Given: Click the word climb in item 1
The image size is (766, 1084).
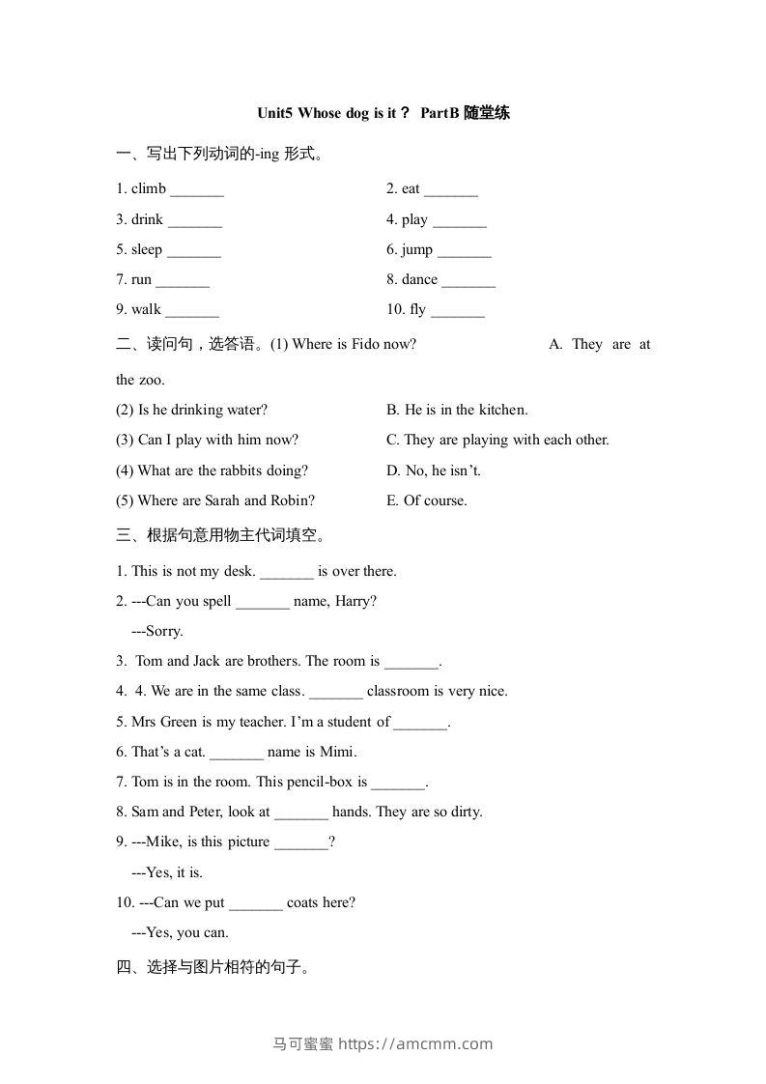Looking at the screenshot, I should [149, 188].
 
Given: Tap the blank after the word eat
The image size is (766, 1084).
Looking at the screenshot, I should [450, 189].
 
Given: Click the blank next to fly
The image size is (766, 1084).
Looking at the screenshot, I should [457, 310].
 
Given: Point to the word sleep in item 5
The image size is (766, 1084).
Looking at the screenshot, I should [147, 249].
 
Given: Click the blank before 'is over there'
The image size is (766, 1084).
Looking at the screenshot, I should [287, 571].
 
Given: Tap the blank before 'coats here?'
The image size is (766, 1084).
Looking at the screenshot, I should [256, 902].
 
